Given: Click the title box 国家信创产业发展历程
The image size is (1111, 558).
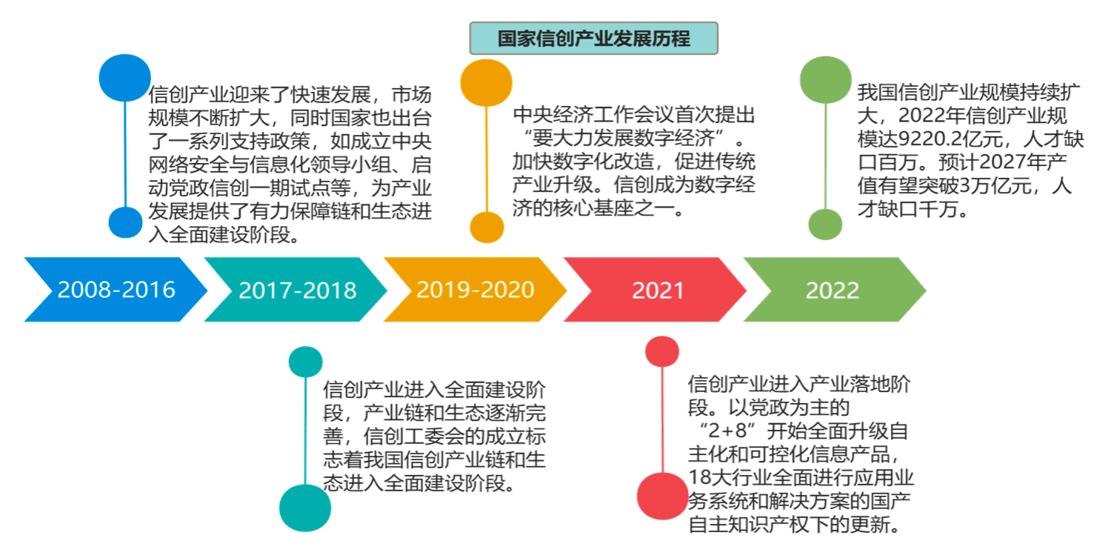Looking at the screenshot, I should [x=593, y=39].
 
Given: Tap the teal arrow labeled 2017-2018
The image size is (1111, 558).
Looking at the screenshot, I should [x=296, y=289].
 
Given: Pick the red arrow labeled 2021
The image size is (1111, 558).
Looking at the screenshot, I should [x=655, y=289].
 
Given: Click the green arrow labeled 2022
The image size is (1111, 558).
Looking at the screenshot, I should [x=834, y=289].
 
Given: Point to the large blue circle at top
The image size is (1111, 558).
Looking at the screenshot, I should [x=124, y=78].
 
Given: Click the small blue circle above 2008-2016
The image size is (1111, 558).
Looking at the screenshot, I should [x=124, y=222].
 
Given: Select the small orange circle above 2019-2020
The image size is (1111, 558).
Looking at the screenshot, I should [x=487, y=227].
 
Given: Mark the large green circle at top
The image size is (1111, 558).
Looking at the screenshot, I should [x=826, y=80].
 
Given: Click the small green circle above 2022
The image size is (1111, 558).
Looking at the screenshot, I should [x=825, y=224].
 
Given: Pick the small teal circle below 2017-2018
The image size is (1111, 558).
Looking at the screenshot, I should [x=306, y=359].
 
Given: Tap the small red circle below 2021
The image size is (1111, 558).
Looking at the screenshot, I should [x=662, y=351].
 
